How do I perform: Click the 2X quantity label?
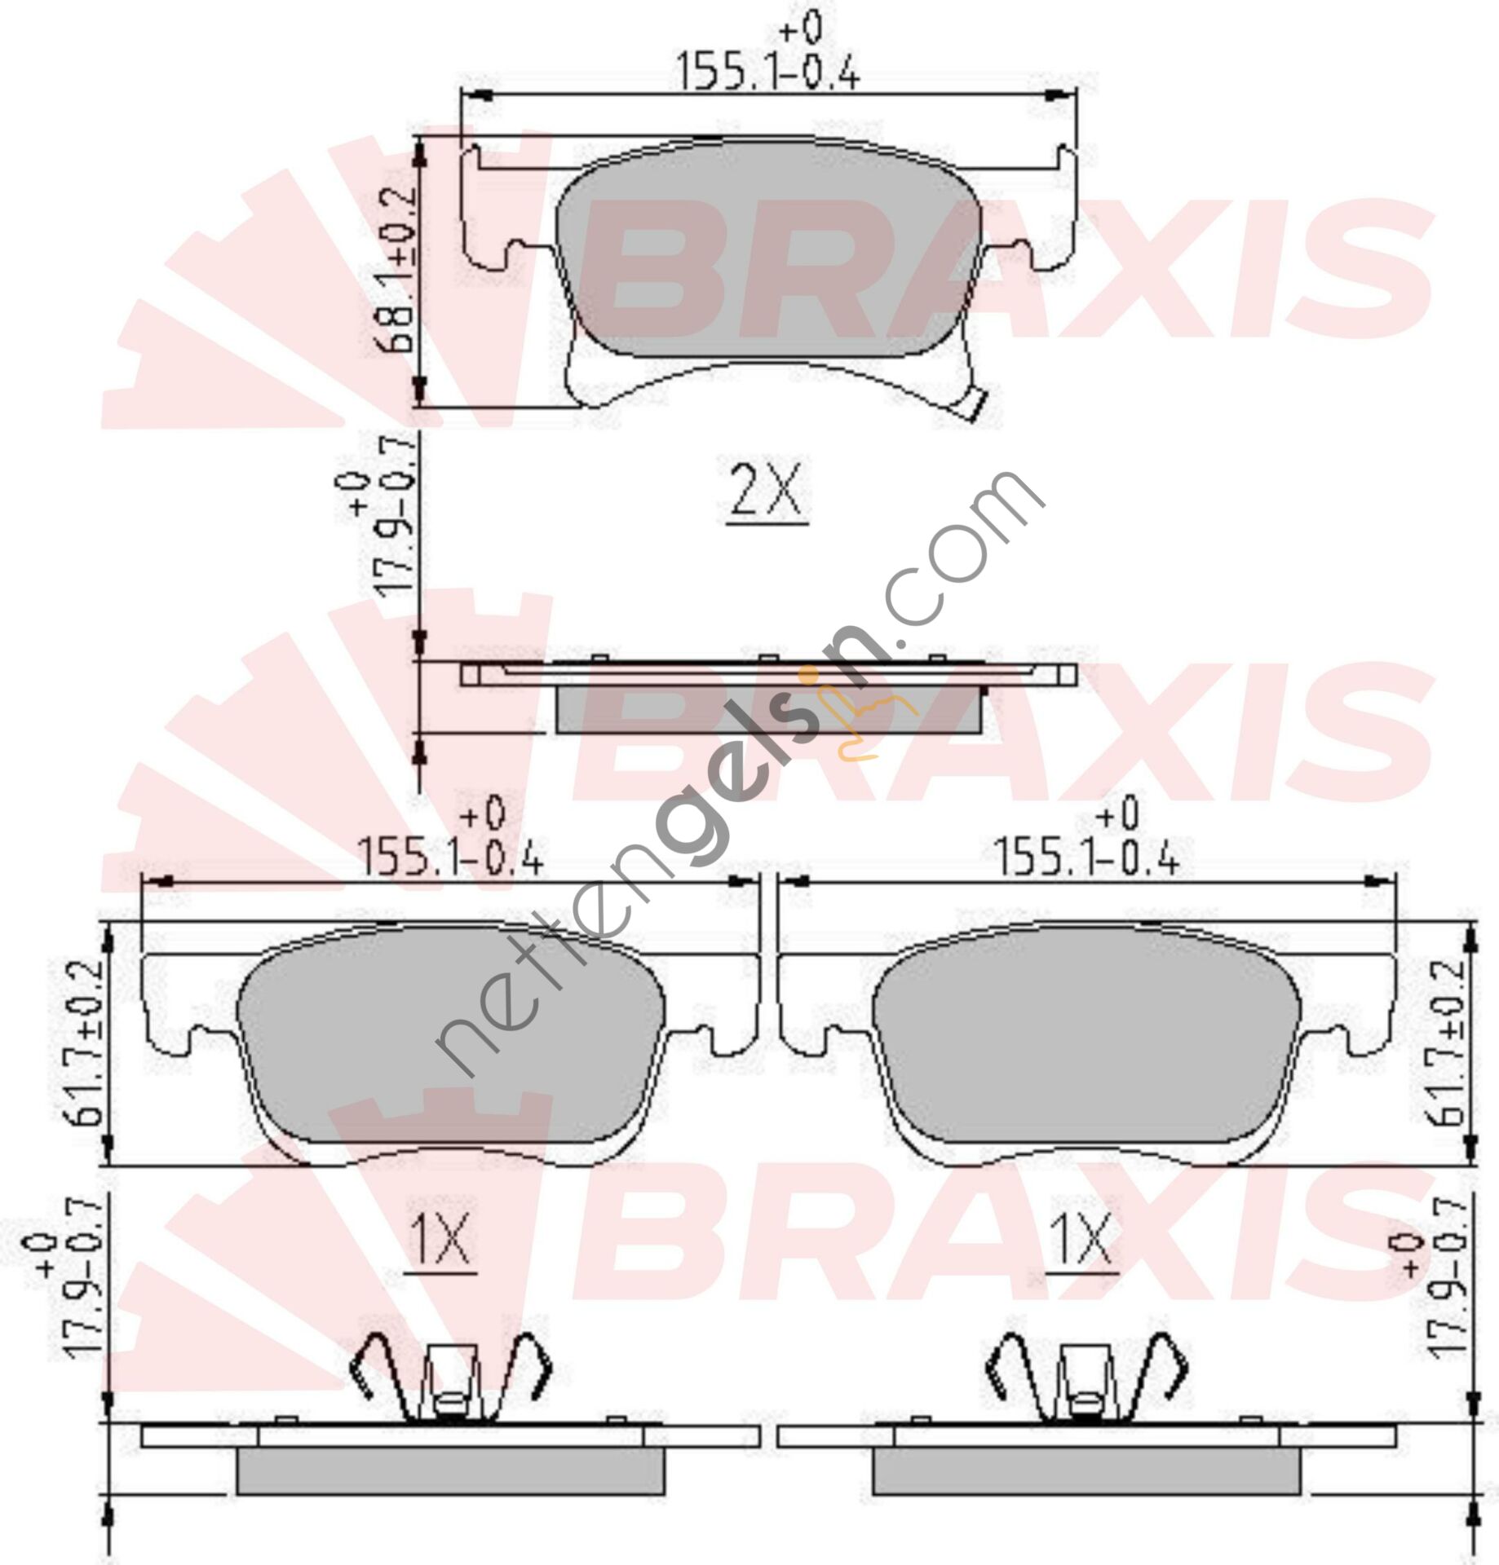tap(766, 491)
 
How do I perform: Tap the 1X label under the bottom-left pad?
tap(441, 1239)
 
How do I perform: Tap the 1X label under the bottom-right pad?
tap(1082, 1239)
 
